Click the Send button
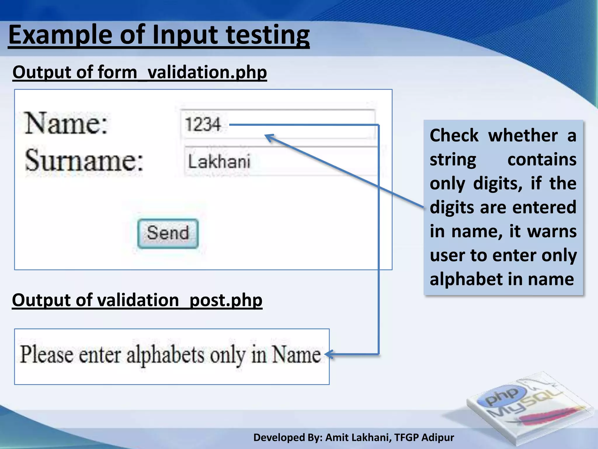[x=168, y=233]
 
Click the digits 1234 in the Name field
[x=203, y=125]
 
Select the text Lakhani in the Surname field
[x=219, y=161]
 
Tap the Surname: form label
[x=84, y=160]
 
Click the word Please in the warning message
[x=47, y=355]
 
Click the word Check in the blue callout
[x=454, y=136]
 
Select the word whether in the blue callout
[x=523, y=136]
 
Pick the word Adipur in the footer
[x=438, y=438]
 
